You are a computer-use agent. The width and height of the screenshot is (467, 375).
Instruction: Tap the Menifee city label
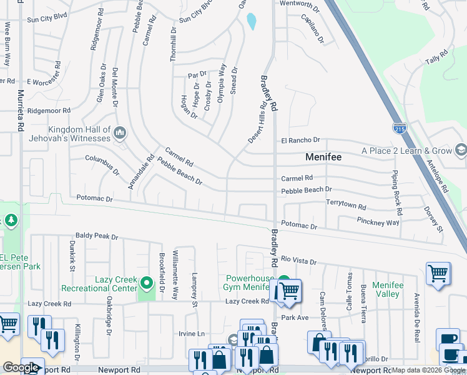click(x=323, y=157)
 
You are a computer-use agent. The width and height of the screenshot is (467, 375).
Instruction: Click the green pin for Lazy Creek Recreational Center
click(x=147, y=284)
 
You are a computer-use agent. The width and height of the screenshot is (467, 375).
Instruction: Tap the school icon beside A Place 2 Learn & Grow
click(x=461, y=150)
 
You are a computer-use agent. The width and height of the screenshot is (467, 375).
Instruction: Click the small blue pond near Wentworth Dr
click(x=251, y=22)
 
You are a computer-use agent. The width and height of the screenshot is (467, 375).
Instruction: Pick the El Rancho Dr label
click(x=300, y=140)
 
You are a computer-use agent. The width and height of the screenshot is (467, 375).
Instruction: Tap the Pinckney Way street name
click(x=378, y=221)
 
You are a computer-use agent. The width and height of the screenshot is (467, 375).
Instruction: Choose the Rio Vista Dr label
click(x=300, y=260)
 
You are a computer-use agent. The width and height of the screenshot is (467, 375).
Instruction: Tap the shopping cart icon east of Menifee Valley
click(x=438, y=273)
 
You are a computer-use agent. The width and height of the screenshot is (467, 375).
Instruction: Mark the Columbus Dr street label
click(x=102, y=165)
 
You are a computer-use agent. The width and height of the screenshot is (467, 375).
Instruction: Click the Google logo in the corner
click(x=21, y=367)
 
